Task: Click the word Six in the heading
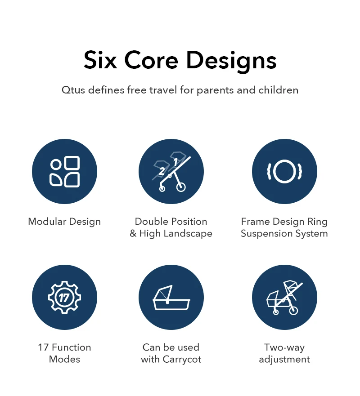(100, 60)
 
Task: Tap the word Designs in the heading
(231, 62)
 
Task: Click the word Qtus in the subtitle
(73, 90)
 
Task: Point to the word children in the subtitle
(279, 90)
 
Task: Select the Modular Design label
(64, 222)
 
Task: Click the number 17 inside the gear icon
(64, 298)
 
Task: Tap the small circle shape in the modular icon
(56, 165)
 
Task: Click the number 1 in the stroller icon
(175, 162)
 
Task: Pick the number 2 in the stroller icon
(162, 171)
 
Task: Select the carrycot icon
(171, 298)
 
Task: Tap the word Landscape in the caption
(188, 234)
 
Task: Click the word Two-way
(284, 347)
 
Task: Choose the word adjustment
(284, 359)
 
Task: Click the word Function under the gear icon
(71, 347)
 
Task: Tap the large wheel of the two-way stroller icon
(293, 311)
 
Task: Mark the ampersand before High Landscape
(133, 233)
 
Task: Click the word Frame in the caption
(255, 222)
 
